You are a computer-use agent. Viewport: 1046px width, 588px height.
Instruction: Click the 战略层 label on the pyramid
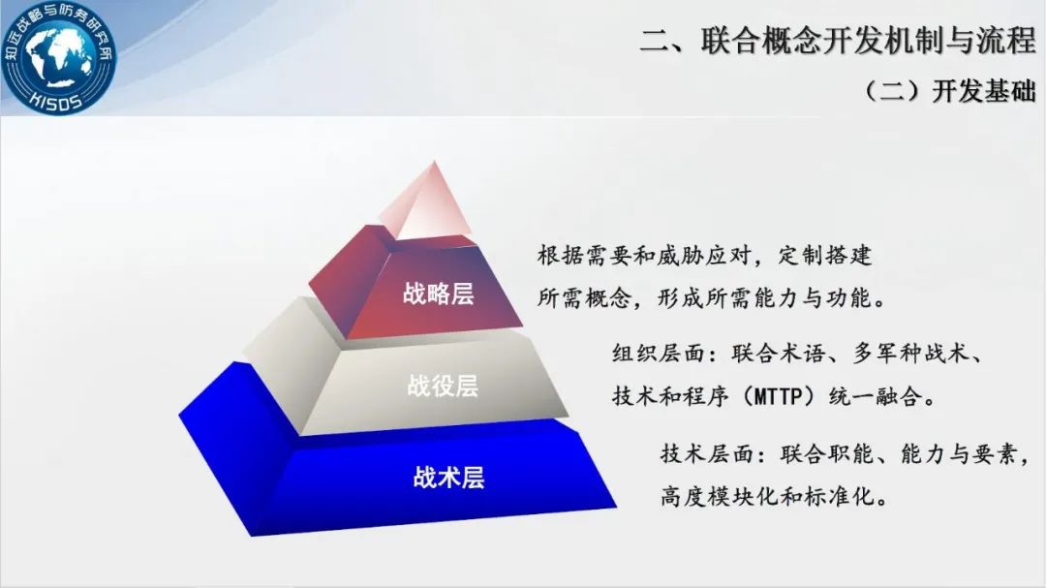point(439,294)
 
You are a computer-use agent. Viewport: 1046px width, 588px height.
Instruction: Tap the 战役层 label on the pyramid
point(443,386)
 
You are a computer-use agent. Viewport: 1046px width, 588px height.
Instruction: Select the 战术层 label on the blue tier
point(448,478)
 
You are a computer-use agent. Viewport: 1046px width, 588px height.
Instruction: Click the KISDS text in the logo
point(57,100)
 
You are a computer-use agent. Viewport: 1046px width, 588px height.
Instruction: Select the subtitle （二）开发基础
point(948,91)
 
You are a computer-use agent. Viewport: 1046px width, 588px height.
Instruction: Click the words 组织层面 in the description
point(659,353)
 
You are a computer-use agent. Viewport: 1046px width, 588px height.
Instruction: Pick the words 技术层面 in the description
point(707,454)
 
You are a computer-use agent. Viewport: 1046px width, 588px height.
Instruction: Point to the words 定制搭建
point(825,255)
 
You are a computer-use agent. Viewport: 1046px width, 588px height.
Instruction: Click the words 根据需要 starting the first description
point(584,255)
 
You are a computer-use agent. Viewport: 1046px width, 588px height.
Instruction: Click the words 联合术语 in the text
point(778,353)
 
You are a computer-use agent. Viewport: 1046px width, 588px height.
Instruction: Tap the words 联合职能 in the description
point(827,454)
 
